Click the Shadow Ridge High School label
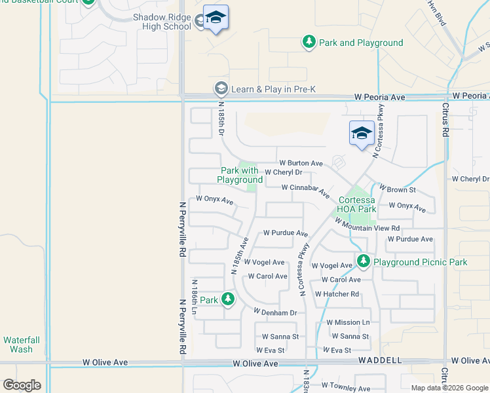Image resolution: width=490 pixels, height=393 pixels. [162, 21]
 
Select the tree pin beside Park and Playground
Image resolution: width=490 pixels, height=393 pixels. [309, 43]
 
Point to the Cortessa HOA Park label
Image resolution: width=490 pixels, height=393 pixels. [358, 204]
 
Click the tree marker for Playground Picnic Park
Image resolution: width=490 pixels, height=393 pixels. [364, 262]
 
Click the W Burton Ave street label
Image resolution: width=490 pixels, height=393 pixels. [301, 163]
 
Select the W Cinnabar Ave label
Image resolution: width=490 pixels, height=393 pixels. [305, 190]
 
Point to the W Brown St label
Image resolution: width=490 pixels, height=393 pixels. [397, 190]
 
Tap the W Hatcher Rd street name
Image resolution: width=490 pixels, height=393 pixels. [337, 294]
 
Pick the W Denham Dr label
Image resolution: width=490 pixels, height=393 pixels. [275, 312]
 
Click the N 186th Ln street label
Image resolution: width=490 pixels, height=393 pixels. [195, 295]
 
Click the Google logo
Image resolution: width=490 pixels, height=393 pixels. [22, 385]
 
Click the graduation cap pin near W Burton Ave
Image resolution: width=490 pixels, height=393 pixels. [362, 134]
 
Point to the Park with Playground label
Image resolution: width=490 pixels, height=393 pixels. [240, 175]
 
